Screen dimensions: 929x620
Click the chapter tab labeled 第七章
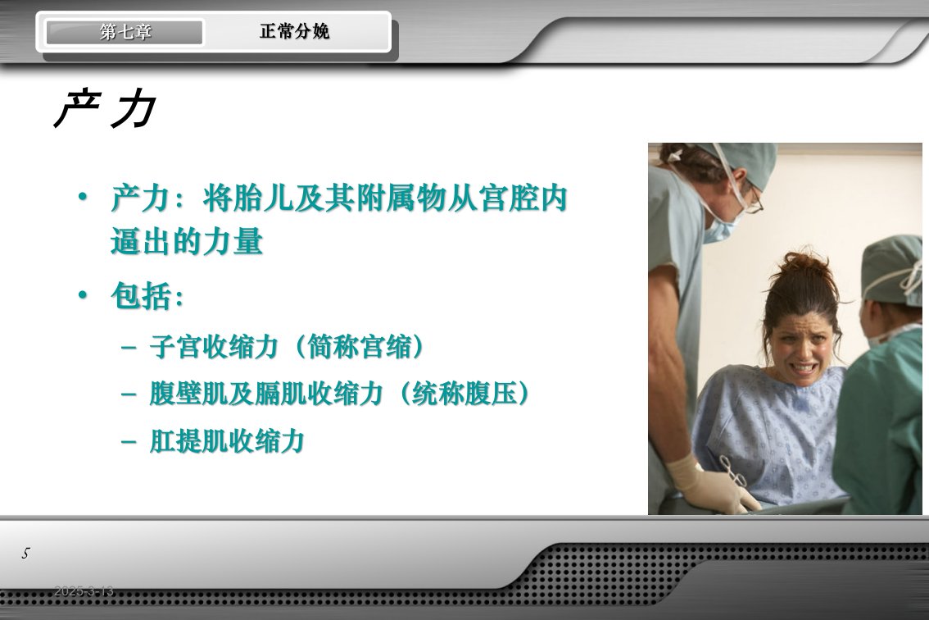click(x=125, y=32)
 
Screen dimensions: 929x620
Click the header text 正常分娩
click(x=294, y=31)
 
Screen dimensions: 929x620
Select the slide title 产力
click(x=106, y=109)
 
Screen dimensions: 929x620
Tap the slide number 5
click(x=25, y=554)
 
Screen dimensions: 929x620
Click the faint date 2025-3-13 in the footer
click(x=84, y=591)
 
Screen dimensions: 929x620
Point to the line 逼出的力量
click(x=187, y=242)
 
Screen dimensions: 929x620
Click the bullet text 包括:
click(x=147, y=296)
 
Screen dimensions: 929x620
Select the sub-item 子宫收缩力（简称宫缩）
click(x=288, y=346)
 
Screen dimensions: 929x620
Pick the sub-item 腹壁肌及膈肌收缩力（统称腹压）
click(x=339, y=394)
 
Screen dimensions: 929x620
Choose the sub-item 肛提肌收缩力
click(x=227, y=441)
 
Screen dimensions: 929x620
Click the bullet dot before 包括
click(x=83, y=294)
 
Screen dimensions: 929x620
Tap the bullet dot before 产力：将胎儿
click(x=83, y=196)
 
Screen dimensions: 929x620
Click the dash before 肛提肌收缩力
click(x=129, y=443)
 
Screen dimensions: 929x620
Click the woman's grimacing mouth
click(x=804, y=368)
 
